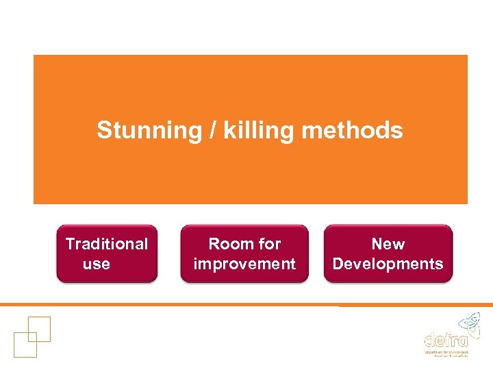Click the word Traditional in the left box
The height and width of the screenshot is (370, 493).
pos(107,244)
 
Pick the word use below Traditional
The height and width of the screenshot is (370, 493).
pos(96,264)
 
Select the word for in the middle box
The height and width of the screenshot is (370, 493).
pos(269,244)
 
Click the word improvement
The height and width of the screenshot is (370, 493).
pos(244,264)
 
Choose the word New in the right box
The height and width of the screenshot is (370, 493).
pos(388,244)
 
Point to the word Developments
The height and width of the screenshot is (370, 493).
pos(388,264)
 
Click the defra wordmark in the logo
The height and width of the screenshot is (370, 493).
pos(446,339)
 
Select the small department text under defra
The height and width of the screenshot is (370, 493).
pos(446,353)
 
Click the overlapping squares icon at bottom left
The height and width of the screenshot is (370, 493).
pos(31,336)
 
